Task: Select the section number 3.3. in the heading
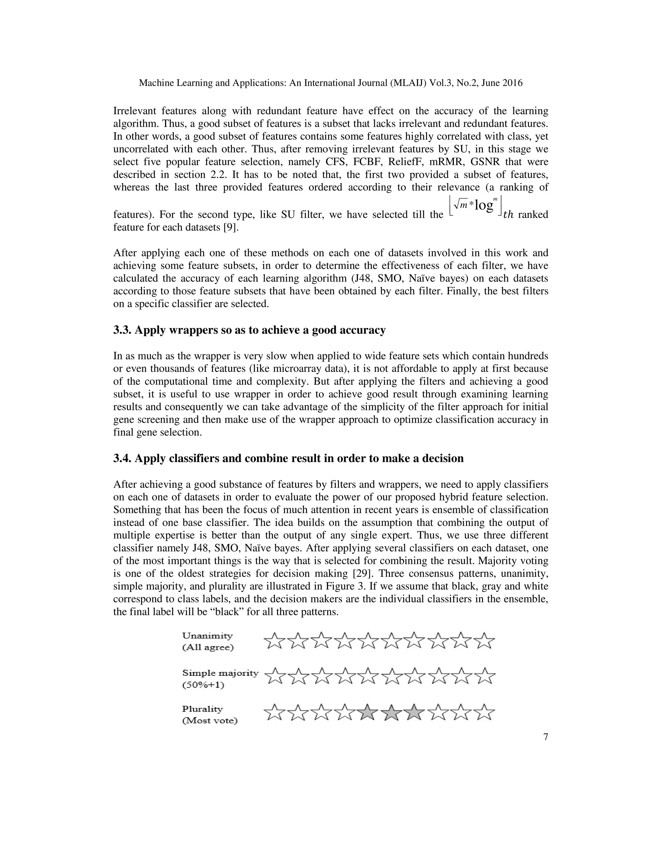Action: (x=122, y=331)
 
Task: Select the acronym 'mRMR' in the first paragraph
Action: (x=446, y=162)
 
